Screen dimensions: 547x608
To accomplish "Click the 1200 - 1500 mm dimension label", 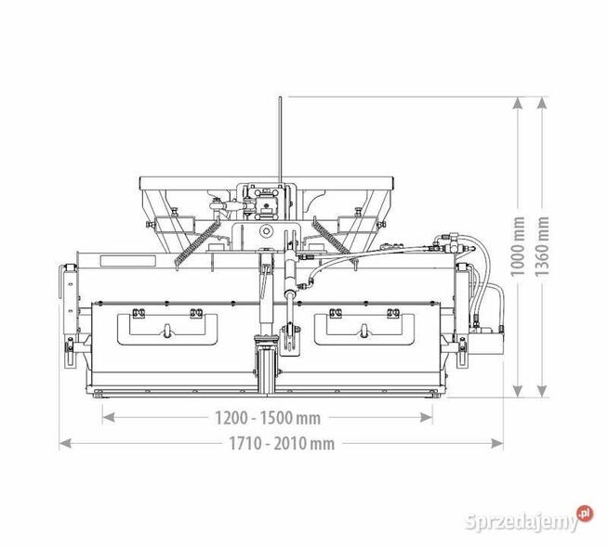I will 268,416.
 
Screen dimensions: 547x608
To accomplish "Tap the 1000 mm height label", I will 518,247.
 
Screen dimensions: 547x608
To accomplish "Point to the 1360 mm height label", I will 544,247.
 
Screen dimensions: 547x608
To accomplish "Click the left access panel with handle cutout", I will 165,327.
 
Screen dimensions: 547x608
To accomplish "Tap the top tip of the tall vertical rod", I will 276,98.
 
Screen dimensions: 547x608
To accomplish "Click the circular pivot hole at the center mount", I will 267,229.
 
